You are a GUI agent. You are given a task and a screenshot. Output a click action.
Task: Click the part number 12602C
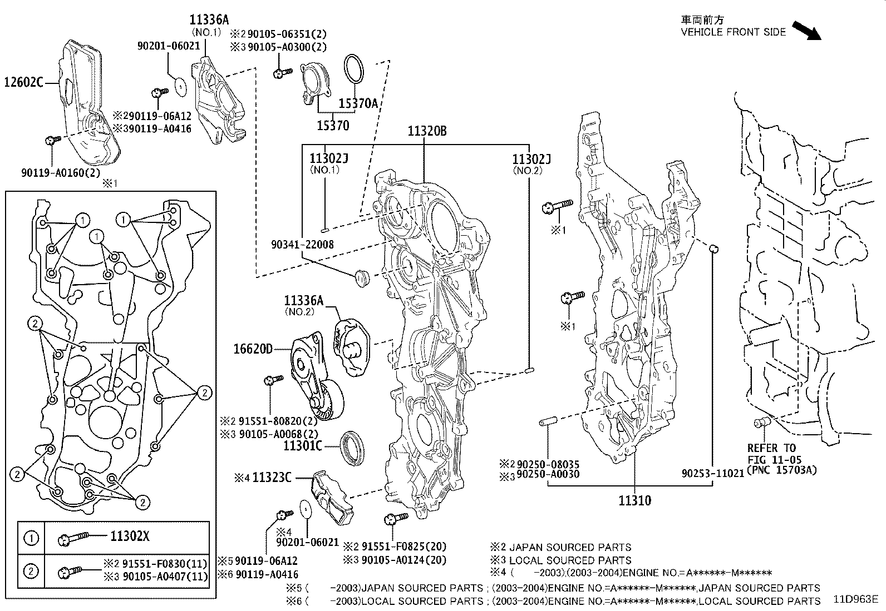[23, 83]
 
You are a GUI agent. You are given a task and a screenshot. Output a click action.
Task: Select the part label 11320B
[427, 131]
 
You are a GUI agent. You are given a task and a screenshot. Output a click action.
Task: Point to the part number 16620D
[253, 349]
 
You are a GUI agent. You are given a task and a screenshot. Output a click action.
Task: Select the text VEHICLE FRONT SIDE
[733, 32]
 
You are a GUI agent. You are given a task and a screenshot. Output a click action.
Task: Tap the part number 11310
[634, 501]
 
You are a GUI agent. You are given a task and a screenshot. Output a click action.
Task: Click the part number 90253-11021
[713, 474]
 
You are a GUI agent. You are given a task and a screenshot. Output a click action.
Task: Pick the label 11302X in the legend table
[129, 537]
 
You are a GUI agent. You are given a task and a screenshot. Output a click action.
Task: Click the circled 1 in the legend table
[32, 538]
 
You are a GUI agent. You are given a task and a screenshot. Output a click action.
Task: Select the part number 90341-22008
[303, 245]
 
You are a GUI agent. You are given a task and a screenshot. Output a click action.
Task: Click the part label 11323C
[272, 477]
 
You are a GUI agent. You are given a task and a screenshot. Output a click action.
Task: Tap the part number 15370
[333, 126]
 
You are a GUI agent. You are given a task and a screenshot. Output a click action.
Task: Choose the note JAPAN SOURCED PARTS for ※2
[570, 548]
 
